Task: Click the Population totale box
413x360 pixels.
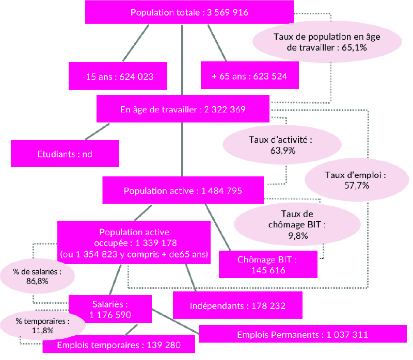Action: [x=189, y=12]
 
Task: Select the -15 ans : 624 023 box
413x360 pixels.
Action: [x=118, y=76]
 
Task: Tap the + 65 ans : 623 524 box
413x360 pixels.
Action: [x=250, y=75]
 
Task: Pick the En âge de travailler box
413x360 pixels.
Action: [x=183, y=109]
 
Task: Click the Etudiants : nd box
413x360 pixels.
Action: [x=65, y=153]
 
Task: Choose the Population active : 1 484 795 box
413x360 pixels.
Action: [x=183, y=190]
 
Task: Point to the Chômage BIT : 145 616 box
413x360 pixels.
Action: [x=268, y=264]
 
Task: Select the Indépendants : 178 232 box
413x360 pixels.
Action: [x=237, y=305]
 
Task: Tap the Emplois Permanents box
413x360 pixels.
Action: [x=303, y=334]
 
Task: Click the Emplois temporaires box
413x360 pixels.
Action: [x=119, y=344]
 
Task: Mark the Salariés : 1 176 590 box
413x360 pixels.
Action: [x=110, y=309]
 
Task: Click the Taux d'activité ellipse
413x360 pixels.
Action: [x=282, y=145]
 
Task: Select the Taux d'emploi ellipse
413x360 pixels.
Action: [x=357, y=180]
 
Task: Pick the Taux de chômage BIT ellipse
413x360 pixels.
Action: [x=297, y=224]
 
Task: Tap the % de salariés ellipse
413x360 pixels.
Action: [x=37, y=276]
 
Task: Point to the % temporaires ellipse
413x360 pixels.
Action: [x=43, y=325]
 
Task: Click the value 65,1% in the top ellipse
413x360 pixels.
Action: [x=354, y=47]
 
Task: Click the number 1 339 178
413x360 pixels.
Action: [x=156, y=243]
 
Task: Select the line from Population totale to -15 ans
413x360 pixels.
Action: [x=136, y=43]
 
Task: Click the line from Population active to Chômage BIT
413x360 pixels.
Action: [x=218, y=227]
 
